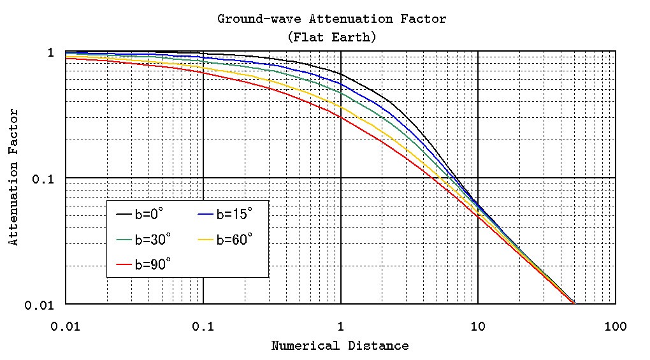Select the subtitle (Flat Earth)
(x=331, y=37)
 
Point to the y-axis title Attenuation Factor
(x=13, y=178)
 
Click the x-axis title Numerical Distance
(x=340, y=346)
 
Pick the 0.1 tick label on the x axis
(x=203, y=327)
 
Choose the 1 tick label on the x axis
(x=341, y=327)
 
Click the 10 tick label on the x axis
(x=478, y=327)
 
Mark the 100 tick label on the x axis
(x=616, y=327)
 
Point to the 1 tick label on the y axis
(x=51, y=52)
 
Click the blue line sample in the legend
(x=205, y=215)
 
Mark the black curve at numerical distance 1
(x=341, y=72)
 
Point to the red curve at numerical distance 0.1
(x=203, y=72)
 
